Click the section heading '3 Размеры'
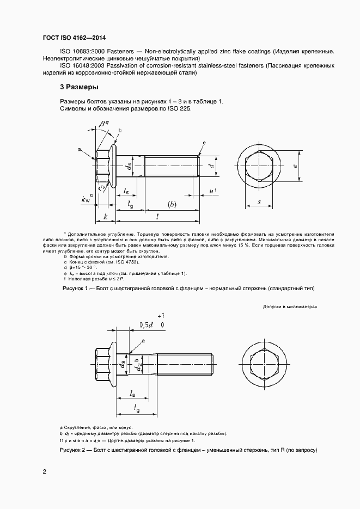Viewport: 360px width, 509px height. point(79,87)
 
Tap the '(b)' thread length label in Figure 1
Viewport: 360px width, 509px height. point(172,205)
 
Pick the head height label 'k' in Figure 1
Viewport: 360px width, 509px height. point(105,217)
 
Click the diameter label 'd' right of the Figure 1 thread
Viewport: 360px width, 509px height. point(211,166)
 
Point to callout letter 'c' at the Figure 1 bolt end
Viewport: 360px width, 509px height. point(204,143)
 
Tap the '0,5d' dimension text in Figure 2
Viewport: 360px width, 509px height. point(145,325)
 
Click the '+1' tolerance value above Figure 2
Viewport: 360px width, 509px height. point(160,316)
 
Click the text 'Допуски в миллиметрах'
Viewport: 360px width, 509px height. point(290,307)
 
